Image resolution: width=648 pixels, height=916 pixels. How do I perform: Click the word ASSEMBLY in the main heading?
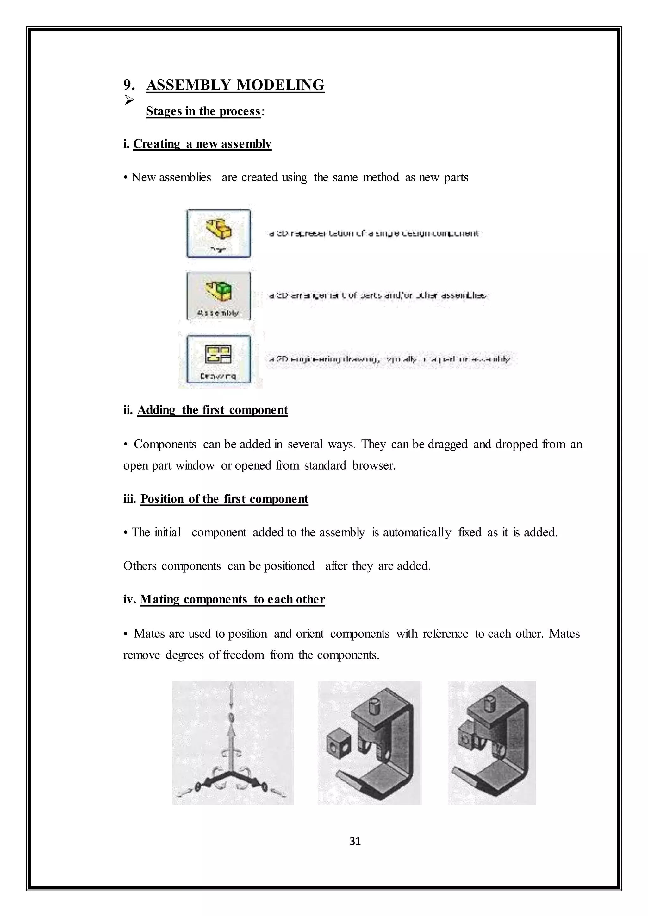coord(188,85)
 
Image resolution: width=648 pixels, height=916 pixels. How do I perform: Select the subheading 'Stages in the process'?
coord(203,111)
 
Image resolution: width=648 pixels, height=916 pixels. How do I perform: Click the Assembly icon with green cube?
coord(219,296)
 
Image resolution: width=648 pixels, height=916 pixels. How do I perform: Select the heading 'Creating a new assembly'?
coord(202,144)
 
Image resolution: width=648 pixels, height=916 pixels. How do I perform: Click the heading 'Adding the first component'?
coord(212,410)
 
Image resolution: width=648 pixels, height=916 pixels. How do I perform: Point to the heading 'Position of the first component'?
coord(224,499)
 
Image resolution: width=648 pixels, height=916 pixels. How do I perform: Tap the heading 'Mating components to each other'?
coord(232,599)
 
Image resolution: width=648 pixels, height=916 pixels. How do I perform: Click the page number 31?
coord(355,841)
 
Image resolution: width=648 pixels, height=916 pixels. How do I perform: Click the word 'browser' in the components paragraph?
coord(373,465)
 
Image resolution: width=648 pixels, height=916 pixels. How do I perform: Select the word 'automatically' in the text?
coord(417,533)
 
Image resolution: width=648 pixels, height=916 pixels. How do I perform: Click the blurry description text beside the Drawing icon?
coord(389,359)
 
